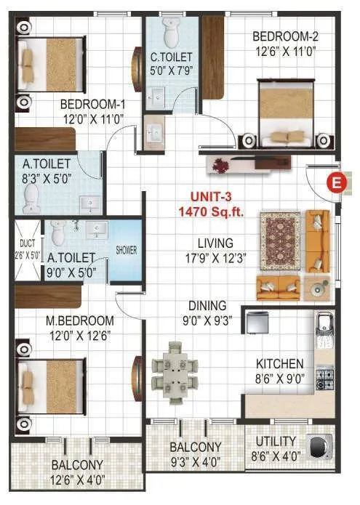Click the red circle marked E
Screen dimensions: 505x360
[335, 182]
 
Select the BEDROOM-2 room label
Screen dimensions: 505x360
[285, 37]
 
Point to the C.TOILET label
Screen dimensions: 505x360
[171, 57]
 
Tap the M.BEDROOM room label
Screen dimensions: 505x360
[81, 320]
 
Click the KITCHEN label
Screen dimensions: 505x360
[279, 363]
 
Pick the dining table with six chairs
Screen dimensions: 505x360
[175, 368]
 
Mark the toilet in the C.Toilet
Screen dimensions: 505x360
[172, 31]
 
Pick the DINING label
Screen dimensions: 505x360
[207, 306]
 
